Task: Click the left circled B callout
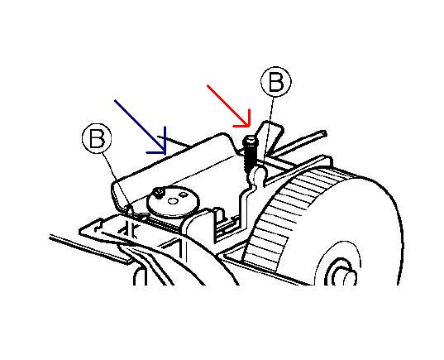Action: pos(97,138)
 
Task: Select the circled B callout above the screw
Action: pos(276,82)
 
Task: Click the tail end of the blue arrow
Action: pos(115,100)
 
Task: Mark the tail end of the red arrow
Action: pos(208,84)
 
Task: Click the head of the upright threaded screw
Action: pos(251,141)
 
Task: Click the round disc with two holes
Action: pos(173,201)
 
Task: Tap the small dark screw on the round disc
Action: pos(159,193)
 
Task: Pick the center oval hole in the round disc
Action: pos(173,201)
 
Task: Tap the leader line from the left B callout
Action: pos(117,180)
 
